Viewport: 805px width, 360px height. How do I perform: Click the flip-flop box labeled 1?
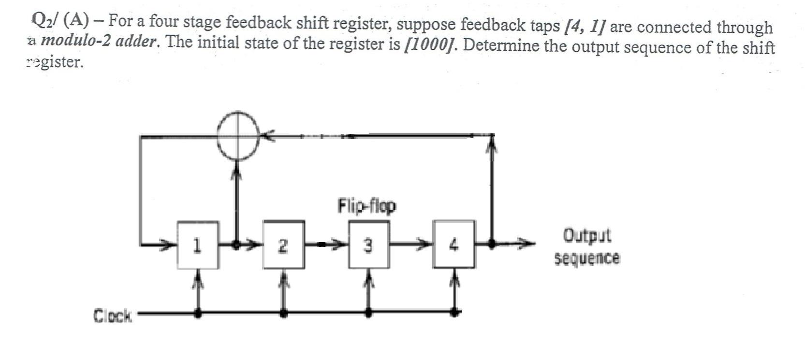tap(198, 245)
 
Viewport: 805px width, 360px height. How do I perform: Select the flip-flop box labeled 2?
tap(283, 245)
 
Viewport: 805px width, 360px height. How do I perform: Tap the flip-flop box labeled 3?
tap(368, 245)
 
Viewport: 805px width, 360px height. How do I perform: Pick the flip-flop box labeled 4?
tap(454, 245)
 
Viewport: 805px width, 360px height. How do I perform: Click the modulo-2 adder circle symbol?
tap(237, 136)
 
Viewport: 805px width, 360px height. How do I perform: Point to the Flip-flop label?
tap(366, 206)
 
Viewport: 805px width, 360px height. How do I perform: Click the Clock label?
tap(112, 316)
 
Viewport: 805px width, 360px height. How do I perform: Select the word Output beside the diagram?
tap(587, 235)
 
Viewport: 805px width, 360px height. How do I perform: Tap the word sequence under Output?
tap(586, 258)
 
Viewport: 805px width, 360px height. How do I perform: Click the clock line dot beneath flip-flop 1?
tap(198, 313)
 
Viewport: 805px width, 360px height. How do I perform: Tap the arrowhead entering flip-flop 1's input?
tap(169, 245)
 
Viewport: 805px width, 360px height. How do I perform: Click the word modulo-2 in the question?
tap(75, 41)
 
